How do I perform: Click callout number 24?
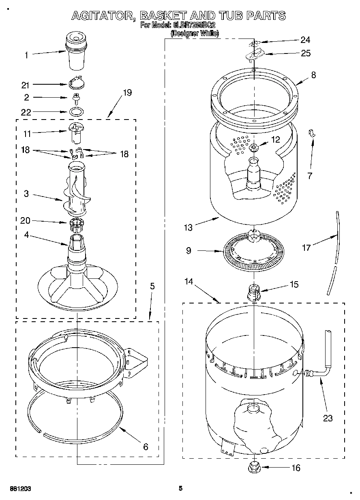coord(305,40)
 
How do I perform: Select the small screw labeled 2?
coord(75,98)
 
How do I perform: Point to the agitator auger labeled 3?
coord(76,190)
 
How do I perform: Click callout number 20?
coord(26,220)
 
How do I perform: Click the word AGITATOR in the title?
coord(103,16)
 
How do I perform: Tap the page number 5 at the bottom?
coord(181,489)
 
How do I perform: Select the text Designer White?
coord(195,34)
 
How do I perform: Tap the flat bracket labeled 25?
coord(254,54)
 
